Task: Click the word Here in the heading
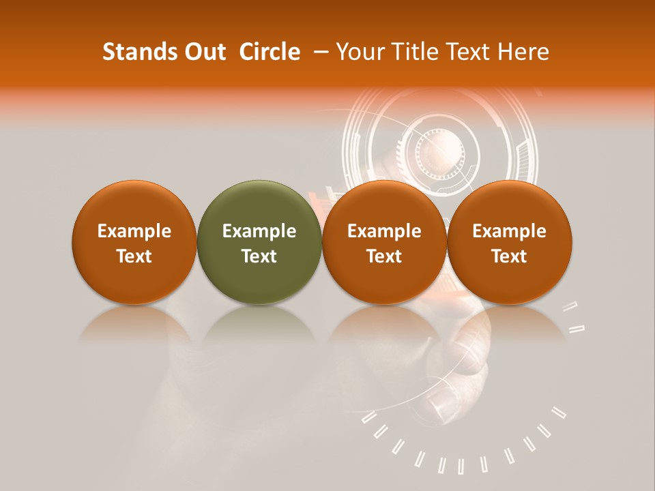(x=523, y=52)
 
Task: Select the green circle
(x=259, y=242)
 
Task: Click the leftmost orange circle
(x=134, y=242)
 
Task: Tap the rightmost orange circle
(x=510, y=242)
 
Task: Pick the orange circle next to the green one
(x=384, y=242)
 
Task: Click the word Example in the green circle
(x=259, y=231)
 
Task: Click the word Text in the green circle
(x=259, y=256)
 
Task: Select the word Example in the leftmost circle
(x=134, y=231)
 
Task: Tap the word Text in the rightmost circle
(x=510, y=256)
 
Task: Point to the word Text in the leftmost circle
(x=134, y=256)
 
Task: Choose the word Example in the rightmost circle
(x=510, y=231)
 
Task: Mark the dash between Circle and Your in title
(x=318, y=52)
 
